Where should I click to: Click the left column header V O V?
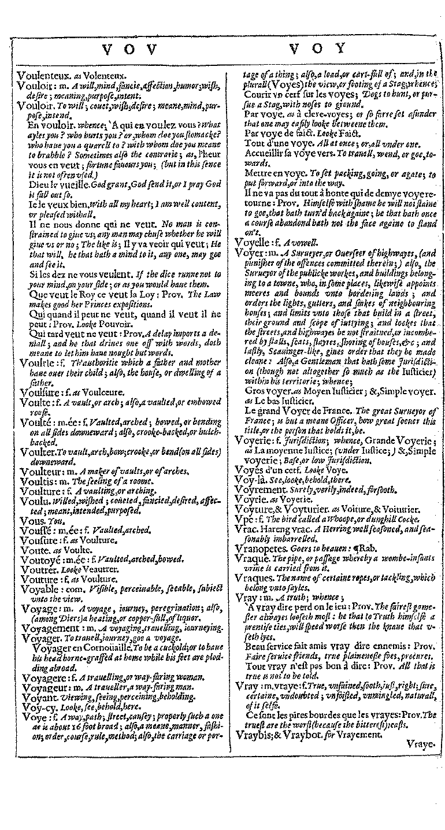tap(121, 50)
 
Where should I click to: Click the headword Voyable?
tap(39, 588)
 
